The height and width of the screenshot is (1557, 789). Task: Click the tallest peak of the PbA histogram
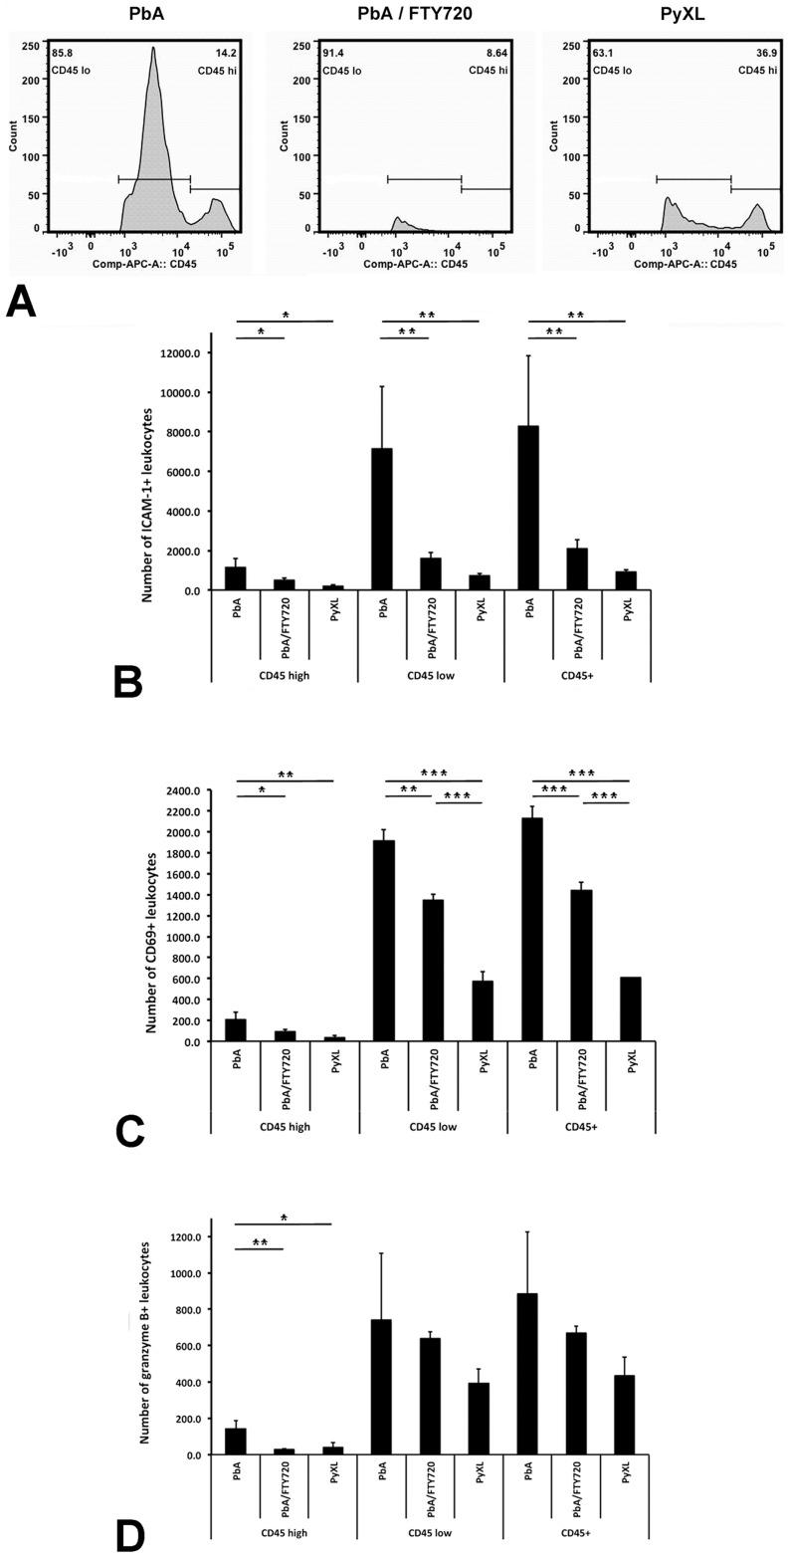click(x=153, y=50)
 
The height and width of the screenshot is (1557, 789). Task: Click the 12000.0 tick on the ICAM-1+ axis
click(x=177, y=353)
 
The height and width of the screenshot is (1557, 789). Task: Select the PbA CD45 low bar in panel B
click(x=382, y=519)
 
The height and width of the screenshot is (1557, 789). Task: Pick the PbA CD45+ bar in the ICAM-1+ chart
click(x=528, y=508)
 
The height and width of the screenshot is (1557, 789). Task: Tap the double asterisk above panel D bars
click(x=260, y=1242)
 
